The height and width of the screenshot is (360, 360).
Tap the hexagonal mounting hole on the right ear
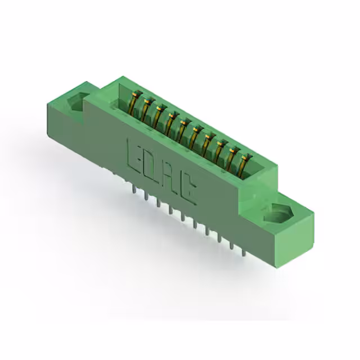click(x=279, y=213)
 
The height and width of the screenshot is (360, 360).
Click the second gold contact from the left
click(x=146, y=110)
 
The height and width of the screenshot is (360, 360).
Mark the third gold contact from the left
click(x=159, y=116)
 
